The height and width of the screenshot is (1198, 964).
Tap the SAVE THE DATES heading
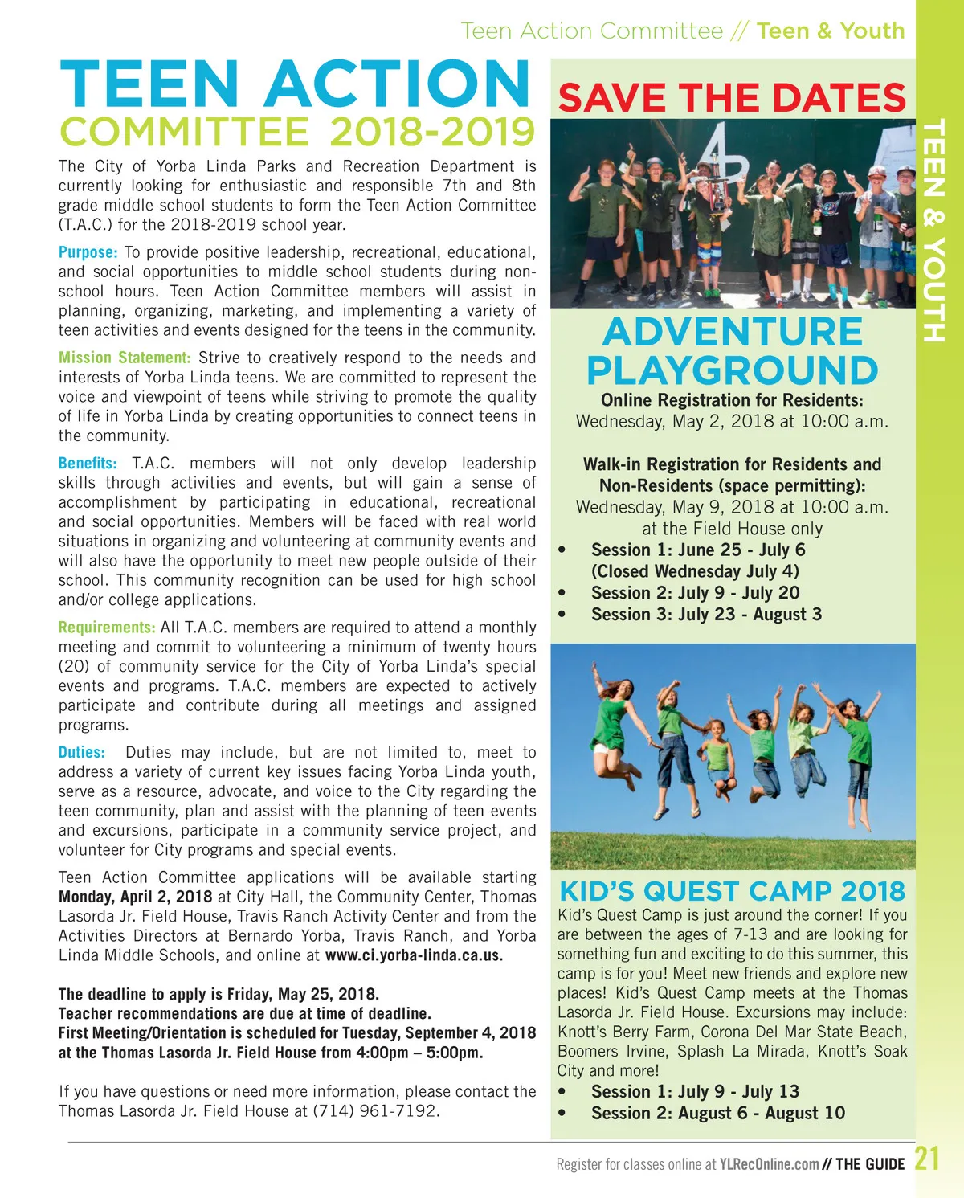point(732,98)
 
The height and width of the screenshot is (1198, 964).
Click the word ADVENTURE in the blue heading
point(732,332)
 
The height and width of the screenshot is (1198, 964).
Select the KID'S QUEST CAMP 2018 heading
point(732,891)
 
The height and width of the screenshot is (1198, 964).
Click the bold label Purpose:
point(88,252)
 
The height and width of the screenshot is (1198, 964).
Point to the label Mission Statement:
point(125,358)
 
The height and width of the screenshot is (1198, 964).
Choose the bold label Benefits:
point(88,464)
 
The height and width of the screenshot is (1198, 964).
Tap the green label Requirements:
point(107,628)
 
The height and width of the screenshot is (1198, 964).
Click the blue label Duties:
point(82,753)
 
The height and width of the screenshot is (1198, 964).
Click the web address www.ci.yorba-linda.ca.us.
point(414,955)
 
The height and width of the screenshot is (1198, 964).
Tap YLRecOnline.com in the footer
point(769,1164)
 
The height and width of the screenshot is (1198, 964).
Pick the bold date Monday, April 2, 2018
point(135,897)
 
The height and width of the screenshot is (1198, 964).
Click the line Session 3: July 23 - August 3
point(706,615)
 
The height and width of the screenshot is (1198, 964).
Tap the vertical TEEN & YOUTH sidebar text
point(933,231)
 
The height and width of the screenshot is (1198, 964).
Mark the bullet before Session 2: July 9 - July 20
point(562,594)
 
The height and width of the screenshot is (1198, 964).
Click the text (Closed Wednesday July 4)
point(695,571)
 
